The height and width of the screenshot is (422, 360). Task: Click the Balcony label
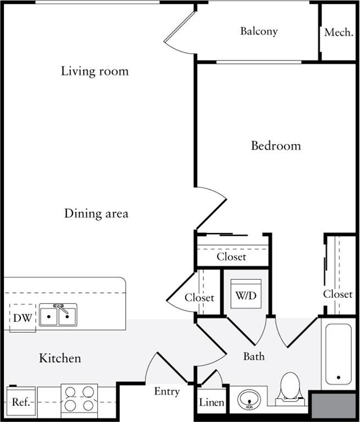click(258, 31)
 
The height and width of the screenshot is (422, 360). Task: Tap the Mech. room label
click(338, 32)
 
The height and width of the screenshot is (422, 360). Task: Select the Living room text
click(95, 71)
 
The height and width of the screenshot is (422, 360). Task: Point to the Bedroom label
click(276, 146)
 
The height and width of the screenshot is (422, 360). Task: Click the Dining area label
click(96, 213)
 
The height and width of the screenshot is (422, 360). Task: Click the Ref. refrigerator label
click(20, 402)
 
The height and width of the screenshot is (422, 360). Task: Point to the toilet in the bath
click(290, 387)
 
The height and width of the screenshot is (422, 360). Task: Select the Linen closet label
click(211, 403)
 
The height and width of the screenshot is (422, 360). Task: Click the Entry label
click(167, 392)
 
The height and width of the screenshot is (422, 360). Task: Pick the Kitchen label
click(60, 359)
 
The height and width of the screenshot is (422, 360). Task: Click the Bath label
click(253, 357)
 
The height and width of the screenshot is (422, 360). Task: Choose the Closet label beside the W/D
click(199, 298)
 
